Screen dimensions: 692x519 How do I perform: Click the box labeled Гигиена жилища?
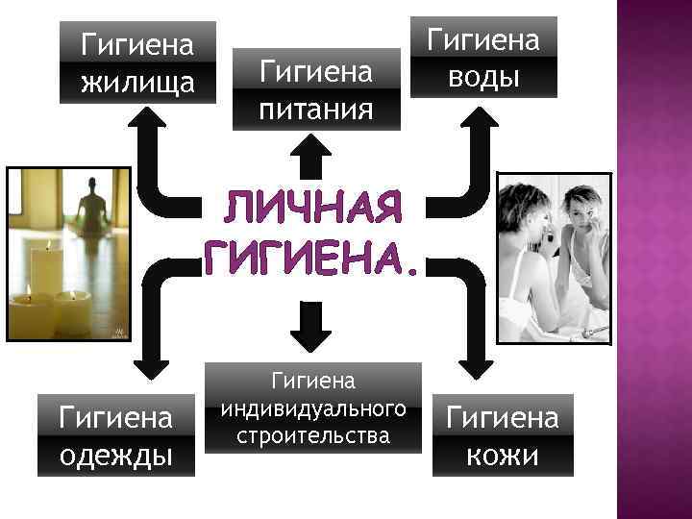[137, 62]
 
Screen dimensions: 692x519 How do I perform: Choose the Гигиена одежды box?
[116, 434]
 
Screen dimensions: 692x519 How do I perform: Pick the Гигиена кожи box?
[502, 434]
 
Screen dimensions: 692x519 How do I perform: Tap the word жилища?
[137, 82]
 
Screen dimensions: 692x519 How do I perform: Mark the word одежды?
[116, 454]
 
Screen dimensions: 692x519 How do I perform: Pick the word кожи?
[502, 454]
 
